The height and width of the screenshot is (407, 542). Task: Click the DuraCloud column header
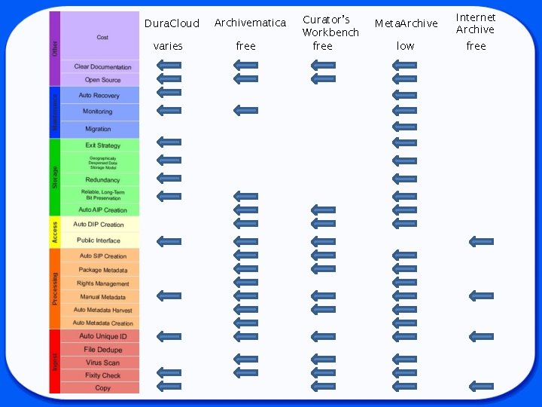click(x=172, y=23)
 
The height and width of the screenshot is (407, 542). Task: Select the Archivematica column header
click(x=250, y=23)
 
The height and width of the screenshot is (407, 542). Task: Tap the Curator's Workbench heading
click(x=330, y=26)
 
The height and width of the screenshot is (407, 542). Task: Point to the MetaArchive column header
click(x=406, y=23)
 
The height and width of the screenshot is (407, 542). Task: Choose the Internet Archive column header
click(x=476, y=23)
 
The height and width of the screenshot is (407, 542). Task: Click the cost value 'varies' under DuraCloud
click(x=168, y=46)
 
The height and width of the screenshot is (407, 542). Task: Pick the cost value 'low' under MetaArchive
click(x=405, y=46)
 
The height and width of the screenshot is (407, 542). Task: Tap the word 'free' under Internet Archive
click(x=476, y=46)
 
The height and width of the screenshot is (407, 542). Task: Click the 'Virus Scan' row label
click(x=102, y=363)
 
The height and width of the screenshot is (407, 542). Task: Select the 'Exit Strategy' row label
click(x=102, y=145)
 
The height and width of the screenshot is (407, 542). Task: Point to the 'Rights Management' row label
click(x=102, y=283)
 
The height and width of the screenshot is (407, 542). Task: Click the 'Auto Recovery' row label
click(x=99, y=95)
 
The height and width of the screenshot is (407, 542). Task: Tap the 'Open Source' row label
click(x=102, y=79)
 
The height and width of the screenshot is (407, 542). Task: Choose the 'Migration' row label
click(x=98, y=129)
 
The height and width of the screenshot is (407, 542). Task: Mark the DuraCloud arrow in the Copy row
click(x=169, y=386)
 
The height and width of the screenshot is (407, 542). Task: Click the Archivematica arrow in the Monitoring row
click(x=245, y=110)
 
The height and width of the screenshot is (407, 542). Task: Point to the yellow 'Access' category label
click(x=54, y=232)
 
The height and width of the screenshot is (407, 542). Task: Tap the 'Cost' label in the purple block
click(x=102, y=37)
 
